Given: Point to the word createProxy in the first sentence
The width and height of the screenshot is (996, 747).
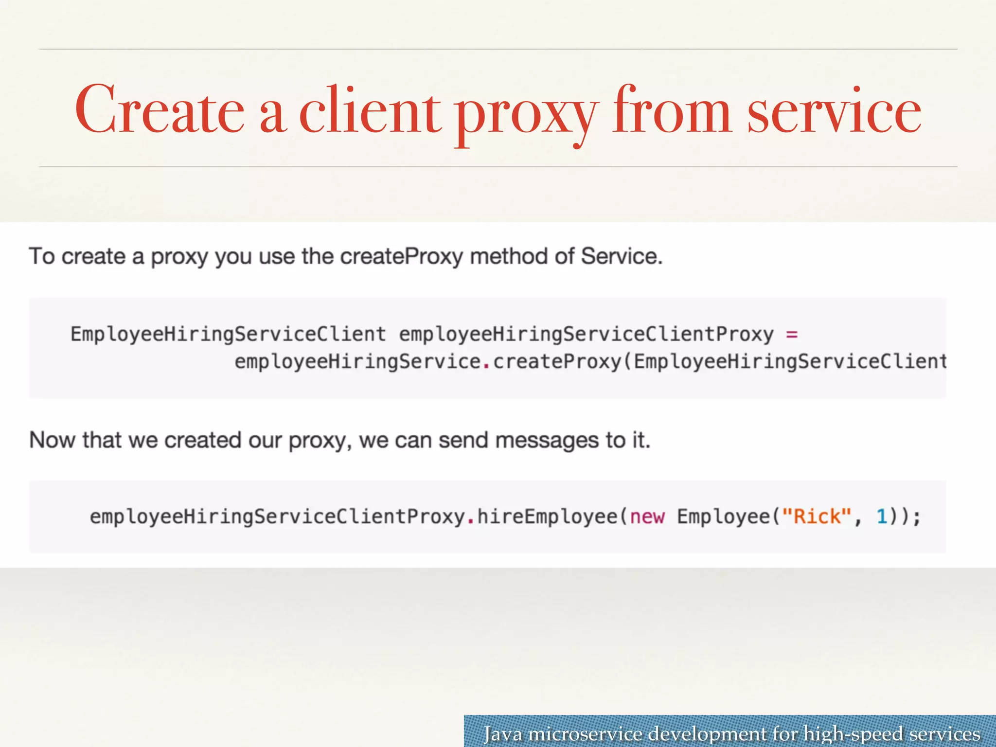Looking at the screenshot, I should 401,256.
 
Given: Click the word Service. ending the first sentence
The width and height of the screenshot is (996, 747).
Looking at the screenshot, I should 621,256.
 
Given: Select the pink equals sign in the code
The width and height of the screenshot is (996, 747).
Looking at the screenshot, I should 792,335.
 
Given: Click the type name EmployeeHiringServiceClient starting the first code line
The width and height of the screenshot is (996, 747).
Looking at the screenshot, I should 228,335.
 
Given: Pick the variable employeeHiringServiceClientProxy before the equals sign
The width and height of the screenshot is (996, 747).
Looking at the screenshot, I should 586,335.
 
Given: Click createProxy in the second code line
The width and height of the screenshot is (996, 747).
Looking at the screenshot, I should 557,362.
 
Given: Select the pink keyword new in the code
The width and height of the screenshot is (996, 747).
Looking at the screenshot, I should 647,516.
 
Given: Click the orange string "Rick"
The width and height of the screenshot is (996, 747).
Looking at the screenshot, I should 817,516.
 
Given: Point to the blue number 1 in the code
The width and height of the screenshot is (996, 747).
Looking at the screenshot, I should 882,516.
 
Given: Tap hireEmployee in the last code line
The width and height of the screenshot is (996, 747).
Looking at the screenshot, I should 547,516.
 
